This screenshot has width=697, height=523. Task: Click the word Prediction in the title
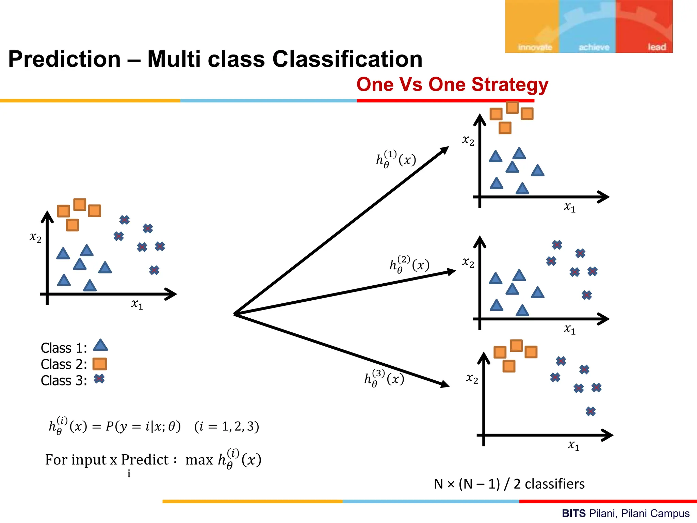[64, 59]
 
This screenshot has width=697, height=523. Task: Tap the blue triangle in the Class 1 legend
[100, 345]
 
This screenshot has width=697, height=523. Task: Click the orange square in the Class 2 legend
[100, 364]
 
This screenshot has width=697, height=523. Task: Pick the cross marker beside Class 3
[99, 379]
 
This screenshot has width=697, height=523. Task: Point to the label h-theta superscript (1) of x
[396, 159]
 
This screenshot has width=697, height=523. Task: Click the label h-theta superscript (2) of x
[409, 264]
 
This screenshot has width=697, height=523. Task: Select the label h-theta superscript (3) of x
[384, 378]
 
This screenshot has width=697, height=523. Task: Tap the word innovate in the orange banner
[535, 47]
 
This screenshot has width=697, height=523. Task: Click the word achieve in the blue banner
[594, 47]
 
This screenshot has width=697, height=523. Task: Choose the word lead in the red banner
[657, 47]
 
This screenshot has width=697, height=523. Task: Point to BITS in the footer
[574, 513]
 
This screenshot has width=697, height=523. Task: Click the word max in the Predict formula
[199, 460]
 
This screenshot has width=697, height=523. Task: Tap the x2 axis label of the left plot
[35, 237]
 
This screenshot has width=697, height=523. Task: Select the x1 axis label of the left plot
[137, 304]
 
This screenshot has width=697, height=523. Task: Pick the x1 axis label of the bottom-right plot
[573, 445]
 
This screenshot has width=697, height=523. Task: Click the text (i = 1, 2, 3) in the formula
[227, 426]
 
